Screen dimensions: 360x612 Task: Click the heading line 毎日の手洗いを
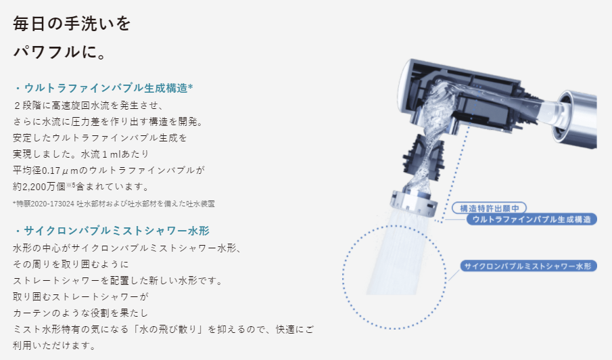click(72, 24)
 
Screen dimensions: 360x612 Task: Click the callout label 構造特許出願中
click(488, 208)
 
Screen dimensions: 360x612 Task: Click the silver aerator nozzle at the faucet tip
click(412, 200)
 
